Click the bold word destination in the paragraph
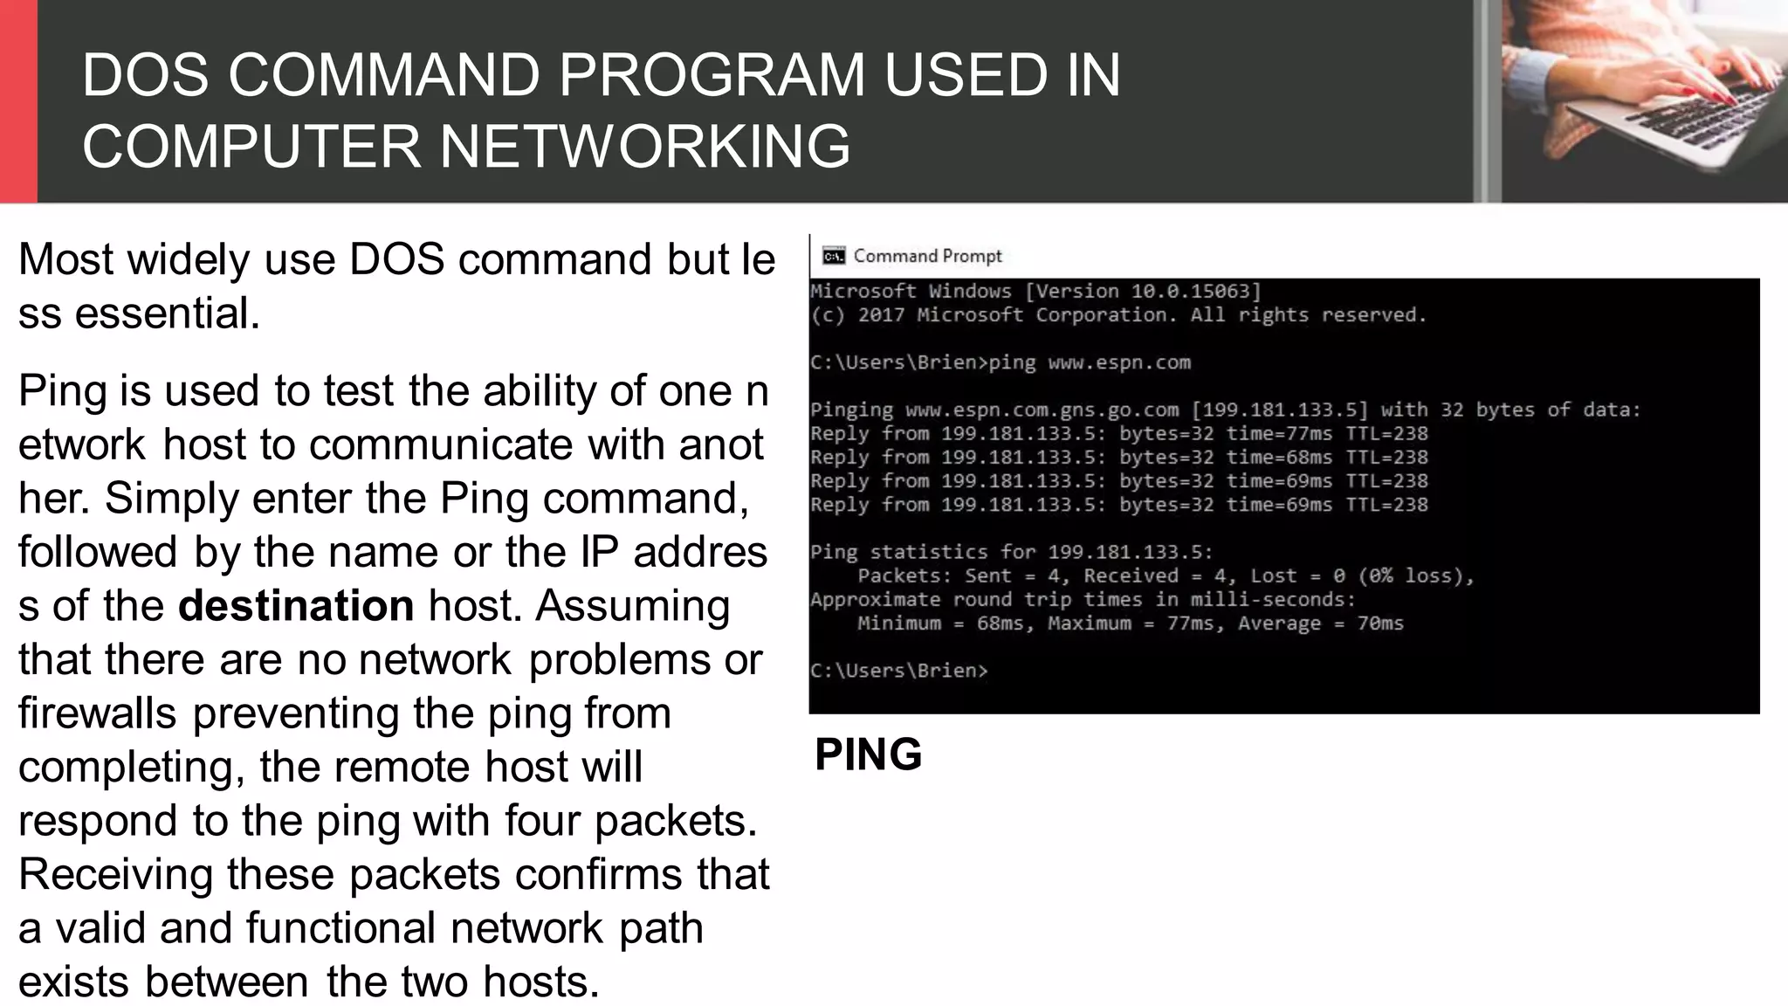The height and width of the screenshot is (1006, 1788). pyautogui.click(x=296, y=605)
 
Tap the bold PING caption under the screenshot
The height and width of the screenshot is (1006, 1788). pyautogui.click(x=868, y=754)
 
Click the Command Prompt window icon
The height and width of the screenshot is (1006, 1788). pyautogui.click(x=834, y=256)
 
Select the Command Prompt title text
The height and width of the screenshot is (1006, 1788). pyautogui.click(x=927, y=256)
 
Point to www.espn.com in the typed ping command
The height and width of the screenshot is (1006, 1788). pyautogui.click(x=1119, y=362)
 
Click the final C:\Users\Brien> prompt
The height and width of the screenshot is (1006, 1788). pyautogui.click(x=899, y=671)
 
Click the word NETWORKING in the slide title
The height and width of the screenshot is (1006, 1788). pyautogui.click(x=644, y=146)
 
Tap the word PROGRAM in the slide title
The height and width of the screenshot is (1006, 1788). pyautogui.click(x=712, y=75)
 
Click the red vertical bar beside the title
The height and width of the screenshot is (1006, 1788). pyautogui.click(x=18, y=101)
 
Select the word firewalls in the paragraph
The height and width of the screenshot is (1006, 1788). pyautogui.click(x=97, y=713)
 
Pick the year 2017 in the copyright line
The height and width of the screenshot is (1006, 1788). pyautogui.click(x=881, y=315)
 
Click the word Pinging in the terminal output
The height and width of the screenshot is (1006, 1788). pyautogui.click(x=851, y=410)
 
